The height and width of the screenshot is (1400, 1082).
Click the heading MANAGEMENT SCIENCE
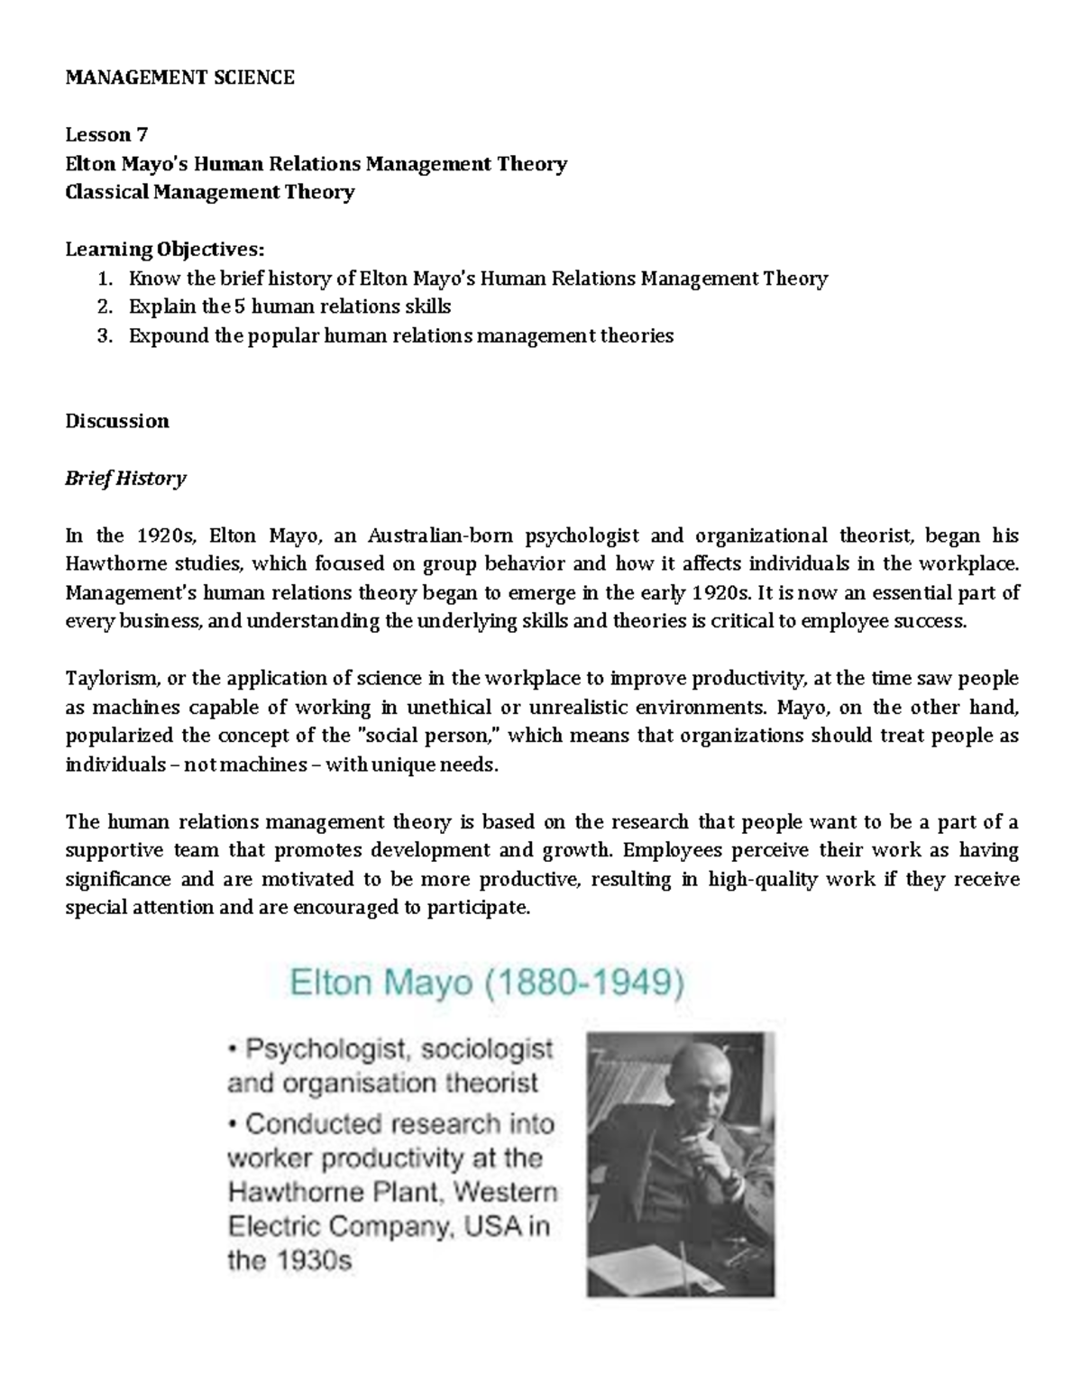(179, 78)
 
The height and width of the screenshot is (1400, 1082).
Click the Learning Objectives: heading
(166, 250)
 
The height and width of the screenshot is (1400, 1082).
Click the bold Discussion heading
(117, 421)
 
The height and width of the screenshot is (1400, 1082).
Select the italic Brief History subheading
(125, 479)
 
